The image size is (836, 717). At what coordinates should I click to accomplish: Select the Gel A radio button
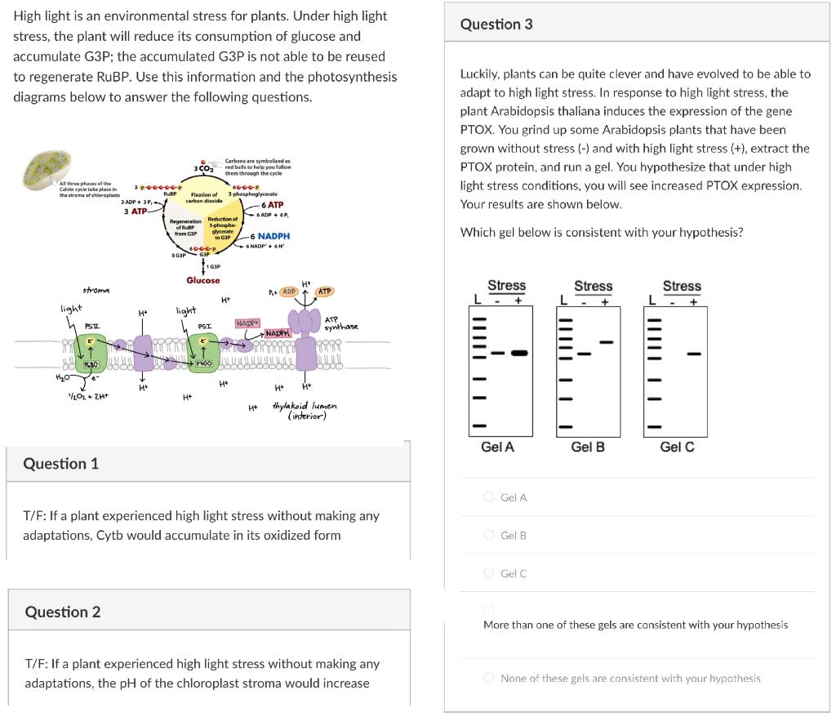(x=489, y=497)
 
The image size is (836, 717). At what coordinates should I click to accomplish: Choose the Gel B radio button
(x=489, y=535)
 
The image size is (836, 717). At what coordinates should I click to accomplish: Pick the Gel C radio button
(x=489, y=573)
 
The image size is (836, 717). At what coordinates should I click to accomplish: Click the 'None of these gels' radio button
(x=489, y=678)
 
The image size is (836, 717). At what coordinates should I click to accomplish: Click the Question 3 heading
(x=496, y=24)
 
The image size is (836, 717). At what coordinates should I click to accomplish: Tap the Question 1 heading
(x=61, y=464)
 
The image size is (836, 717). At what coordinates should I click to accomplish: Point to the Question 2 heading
(x=63, y=612)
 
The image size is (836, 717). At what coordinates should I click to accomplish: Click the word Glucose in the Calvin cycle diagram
(x=202, y=280)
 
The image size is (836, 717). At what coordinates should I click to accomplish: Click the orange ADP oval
(x=288, y=292)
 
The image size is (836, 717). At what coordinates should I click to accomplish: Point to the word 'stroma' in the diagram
(x=97, y=289)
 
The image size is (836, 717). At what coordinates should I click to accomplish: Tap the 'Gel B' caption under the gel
(x=588, y=448)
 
